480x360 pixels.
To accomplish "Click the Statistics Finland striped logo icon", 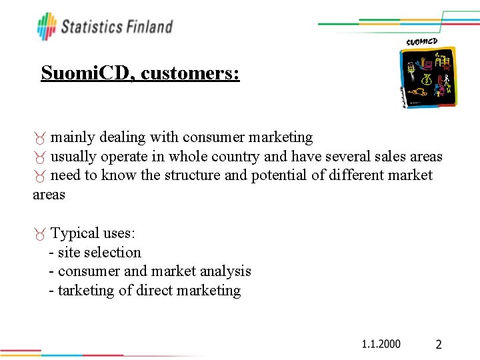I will tap(47, 27).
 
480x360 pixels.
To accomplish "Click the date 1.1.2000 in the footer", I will tap(381, 344).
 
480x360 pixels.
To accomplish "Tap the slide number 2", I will tap(439, 345).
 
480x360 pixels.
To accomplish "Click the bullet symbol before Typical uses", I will tap(41, 234).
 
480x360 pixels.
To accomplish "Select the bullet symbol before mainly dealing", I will tap(41, 138).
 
